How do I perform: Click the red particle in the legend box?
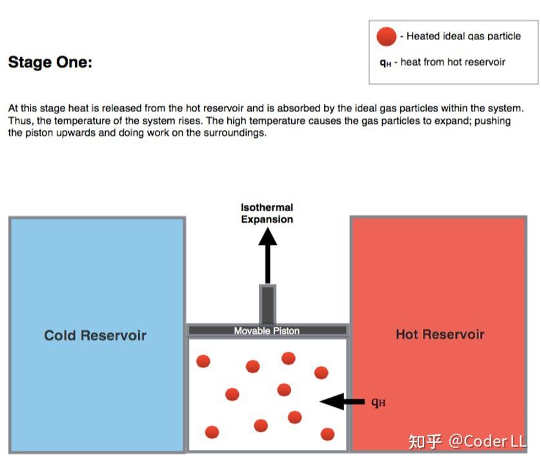pyautogui.click(x=387, y=37)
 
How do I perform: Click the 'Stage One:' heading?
pyautogui.click(x=50, y=63)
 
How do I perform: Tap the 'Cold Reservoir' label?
pyautogui.click(x=96, y=335)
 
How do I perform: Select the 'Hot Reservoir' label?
pyautogui.click(x=440, y=334)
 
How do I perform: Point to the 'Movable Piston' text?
pyautogui.click(x=267, y=331)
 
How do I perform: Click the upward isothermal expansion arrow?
pyautogui.click(x=268, y=256)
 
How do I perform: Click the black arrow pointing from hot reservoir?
pyautogui.click(x=342, y=401)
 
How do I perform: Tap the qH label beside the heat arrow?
pyautogui.click(x=378, y=402)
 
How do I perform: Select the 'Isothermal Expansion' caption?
pyautogui.click(x=267, y=213)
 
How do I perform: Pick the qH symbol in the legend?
pyautogui.click(x=385, y=63)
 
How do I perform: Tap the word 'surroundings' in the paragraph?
pyautogui.click(x=235, y=133)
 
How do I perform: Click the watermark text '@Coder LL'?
pyautogui.click(x=487, y=441)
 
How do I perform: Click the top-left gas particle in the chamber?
pyautogui.click(x=203, y=362)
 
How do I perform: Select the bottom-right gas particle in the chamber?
pyautogui.click(x=327, y=434)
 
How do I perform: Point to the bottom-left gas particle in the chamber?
pyautogui.click(x=212, y=432)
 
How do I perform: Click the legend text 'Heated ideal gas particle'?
pyautogui.click(x=464, y=36)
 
